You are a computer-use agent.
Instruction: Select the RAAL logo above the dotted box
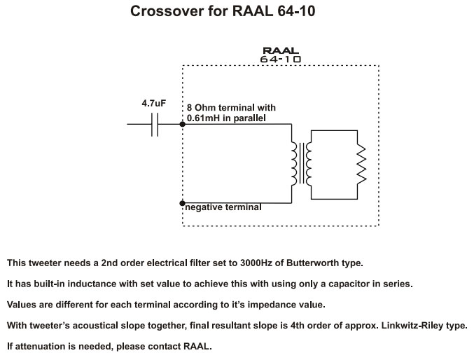[x=280, y=50]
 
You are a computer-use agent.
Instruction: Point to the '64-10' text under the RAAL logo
[x=280, y=60]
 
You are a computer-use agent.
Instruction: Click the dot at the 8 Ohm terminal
[x=182, y=125]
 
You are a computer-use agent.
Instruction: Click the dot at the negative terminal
[x=182, y=202]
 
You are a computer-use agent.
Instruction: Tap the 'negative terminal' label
[x=224, y=207]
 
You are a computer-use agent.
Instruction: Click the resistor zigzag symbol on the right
[x=361, y=163]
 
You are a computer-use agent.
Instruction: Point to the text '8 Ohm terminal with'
[x=231, y=108]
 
